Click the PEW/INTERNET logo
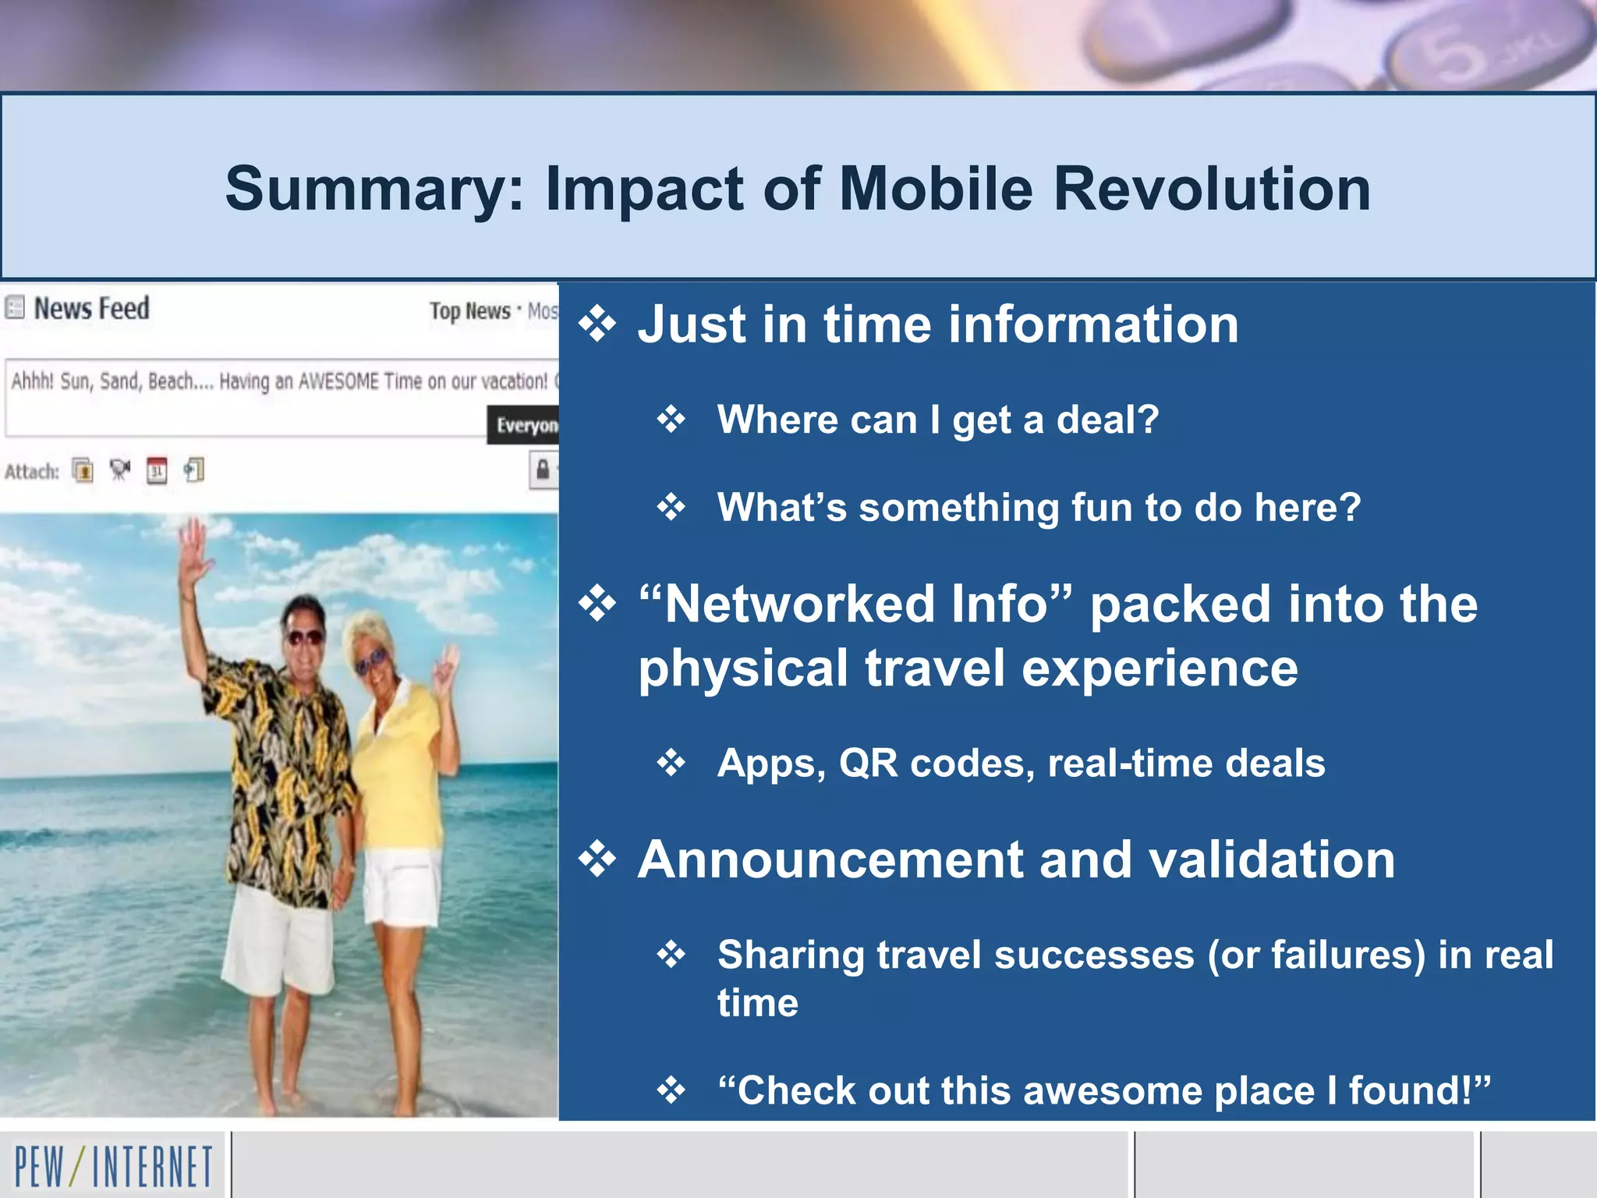(x=114, y=1167)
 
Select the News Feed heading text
(x=91, y=309)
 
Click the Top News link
(x=469, y=311)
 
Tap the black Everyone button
(x=524, y=425)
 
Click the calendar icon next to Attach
(x=157, y=470)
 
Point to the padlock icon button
(x=543, y=470)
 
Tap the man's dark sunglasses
(x=303, y=636)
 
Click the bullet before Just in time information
(x=598, y=324)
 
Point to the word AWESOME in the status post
(x=338, y=381)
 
